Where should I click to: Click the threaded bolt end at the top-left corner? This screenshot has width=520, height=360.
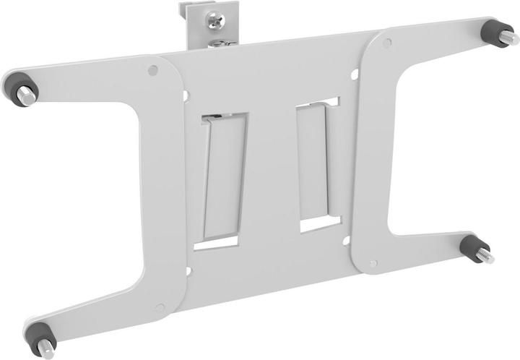[27, 96]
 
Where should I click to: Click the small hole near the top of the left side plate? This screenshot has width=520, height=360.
[152, 71]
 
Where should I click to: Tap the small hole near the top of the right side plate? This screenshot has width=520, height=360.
[387, 43]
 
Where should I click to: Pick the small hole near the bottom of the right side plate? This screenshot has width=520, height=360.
[372, 264]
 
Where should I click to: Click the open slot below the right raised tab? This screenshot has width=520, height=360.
[316, 223]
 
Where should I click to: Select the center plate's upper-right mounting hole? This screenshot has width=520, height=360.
[355, 74]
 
